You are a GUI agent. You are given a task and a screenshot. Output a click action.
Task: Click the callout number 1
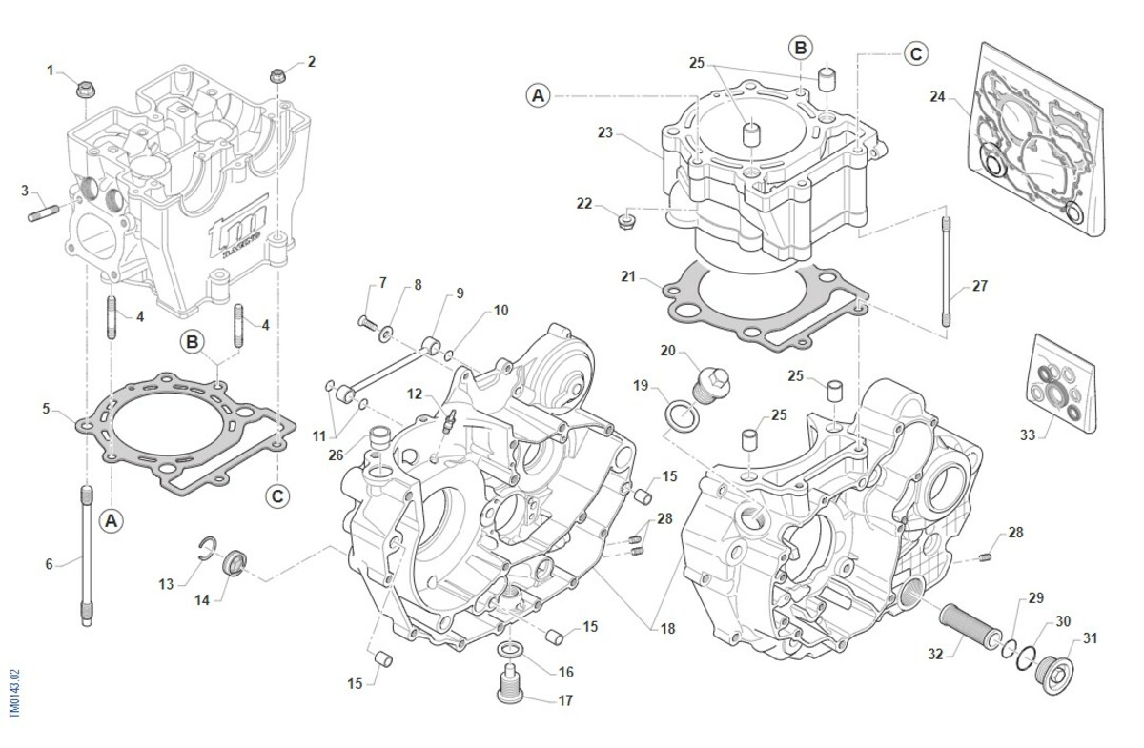point(51,70)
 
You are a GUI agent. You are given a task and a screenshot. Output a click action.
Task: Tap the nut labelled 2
point(277,76)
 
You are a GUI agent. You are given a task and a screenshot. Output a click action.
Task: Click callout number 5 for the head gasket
point(46,409)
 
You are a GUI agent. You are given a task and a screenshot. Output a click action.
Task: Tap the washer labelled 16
point(509,650)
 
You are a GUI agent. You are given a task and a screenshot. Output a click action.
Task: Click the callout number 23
point(604,132)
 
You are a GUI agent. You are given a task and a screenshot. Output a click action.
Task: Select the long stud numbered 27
point(946,272)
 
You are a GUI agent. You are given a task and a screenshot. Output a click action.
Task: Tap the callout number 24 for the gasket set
point(937,96)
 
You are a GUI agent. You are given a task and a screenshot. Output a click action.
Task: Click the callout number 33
point(1027,435)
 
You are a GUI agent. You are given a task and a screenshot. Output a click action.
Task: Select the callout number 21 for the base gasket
point(627,276)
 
